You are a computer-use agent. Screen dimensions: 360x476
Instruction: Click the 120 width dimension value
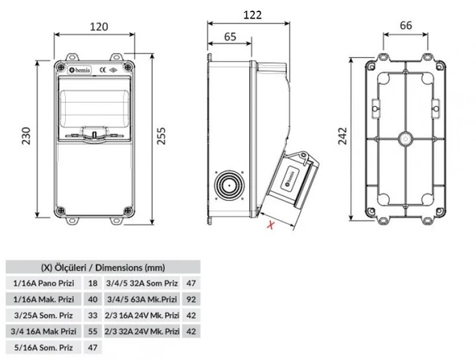coord(98,26)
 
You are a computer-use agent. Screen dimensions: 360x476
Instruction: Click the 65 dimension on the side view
coord(230,36)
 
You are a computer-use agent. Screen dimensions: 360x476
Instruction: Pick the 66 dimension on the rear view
coord(405,27)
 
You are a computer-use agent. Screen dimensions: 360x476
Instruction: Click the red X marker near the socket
coord(271,226)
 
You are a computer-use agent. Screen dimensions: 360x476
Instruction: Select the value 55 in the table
coord(93,331)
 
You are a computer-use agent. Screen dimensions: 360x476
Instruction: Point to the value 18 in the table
coord(93,284)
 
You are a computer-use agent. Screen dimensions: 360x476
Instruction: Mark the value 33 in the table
coord(93,316)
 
